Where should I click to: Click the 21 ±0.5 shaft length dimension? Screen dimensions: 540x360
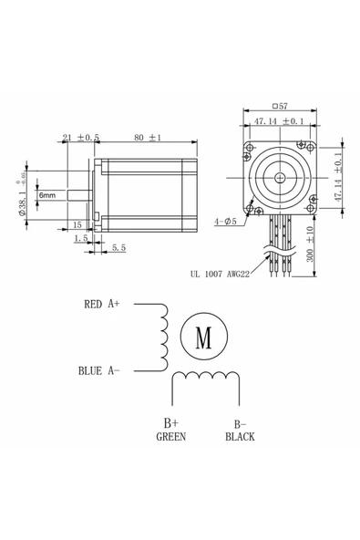pos(80,138)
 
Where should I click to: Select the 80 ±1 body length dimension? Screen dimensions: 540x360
pos(147,138)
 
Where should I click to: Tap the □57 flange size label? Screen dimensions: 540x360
pos(279,107)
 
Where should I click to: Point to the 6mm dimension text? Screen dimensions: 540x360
pos(46,195)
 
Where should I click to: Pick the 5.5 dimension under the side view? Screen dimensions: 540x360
pos(118,248)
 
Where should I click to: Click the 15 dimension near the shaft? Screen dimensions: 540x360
pos(78,223)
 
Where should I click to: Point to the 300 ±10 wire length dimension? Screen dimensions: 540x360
pos(310,245)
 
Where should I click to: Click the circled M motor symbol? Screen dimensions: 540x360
pos(202,337)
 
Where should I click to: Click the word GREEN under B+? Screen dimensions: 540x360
pos(170,436)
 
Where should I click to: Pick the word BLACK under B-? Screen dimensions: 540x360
pos(240,436)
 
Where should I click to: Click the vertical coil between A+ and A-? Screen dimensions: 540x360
pos(164,337)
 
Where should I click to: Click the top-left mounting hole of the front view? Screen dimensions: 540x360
pos(249,147)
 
